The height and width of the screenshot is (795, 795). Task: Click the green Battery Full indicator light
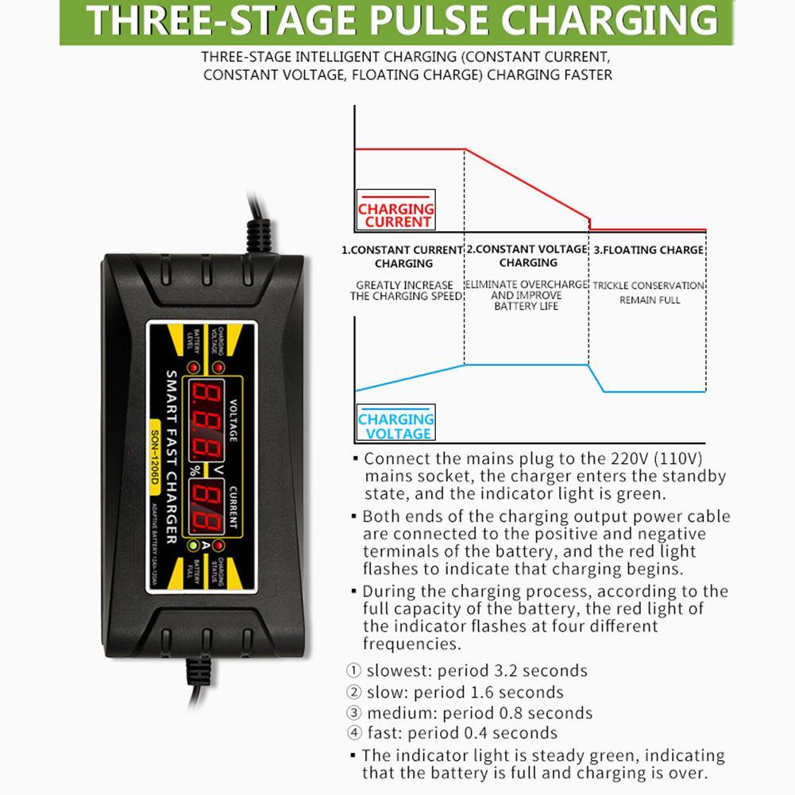point(193,546)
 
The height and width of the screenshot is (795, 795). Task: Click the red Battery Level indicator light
point(192,367)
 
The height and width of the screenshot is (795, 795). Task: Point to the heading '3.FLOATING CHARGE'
point(649,250)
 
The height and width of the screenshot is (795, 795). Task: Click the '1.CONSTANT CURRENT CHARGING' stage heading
point(403,256)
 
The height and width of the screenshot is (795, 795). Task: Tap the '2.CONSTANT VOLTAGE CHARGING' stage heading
point(527,256)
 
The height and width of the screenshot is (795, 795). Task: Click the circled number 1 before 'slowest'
point(353,671)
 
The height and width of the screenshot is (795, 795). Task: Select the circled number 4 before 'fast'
point(353,733)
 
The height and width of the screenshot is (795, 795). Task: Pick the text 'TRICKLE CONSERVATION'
point(649,285)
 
